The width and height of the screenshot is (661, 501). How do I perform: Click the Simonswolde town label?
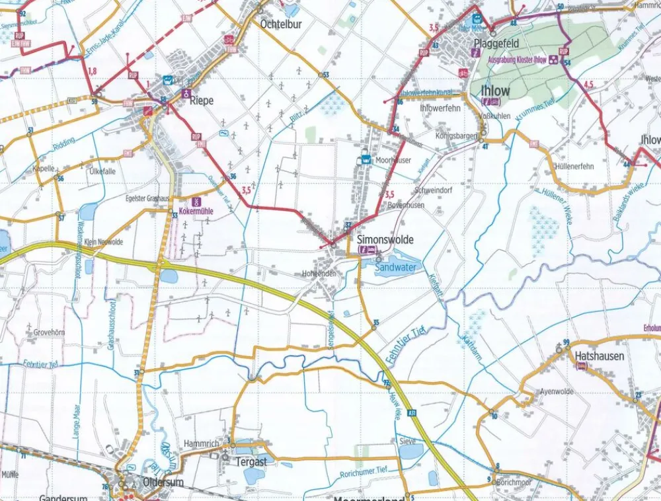385,240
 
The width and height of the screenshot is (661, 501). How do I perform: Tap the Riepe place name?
201,101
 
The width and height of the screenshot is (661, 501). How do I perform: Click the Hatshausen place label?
600,356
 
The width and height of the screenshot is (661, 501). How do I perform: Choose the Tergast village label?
251,462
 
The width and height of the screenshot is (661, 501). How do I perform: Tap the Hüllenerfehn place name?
575,167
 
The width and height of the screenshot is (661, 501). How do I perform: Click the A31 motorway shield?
412,413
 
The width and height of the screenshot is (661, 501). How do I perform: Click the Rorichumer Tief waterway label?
363,471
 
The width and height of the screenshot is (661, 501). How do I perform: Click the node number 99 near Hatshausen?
566,341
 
